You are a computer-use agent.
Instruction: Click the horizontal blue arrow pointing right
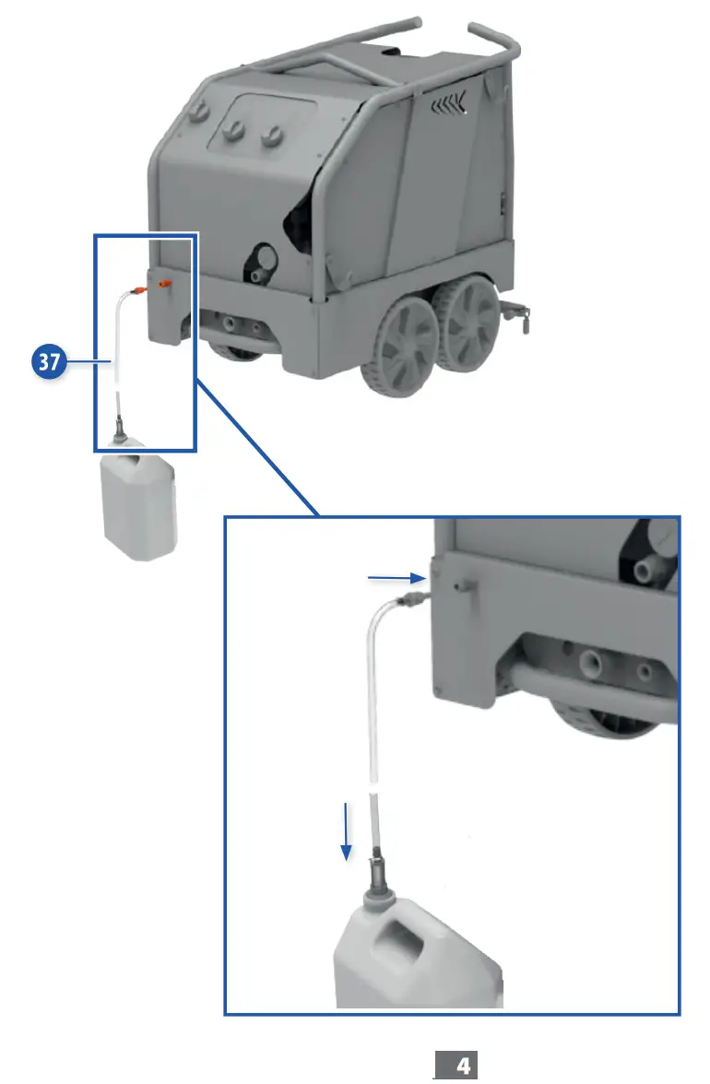click(x=395, y=579)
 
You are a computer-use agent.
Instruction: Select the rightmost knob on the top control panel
click(x=269, y=136)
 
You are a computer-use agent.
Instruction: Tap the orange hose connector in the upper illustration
click(x=139, y=289)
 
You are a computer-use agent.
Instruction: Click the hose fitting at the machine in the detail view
click(x=407, y=599)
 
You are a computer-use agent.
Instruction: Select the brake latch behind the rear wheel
click(x=524, y=318)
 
